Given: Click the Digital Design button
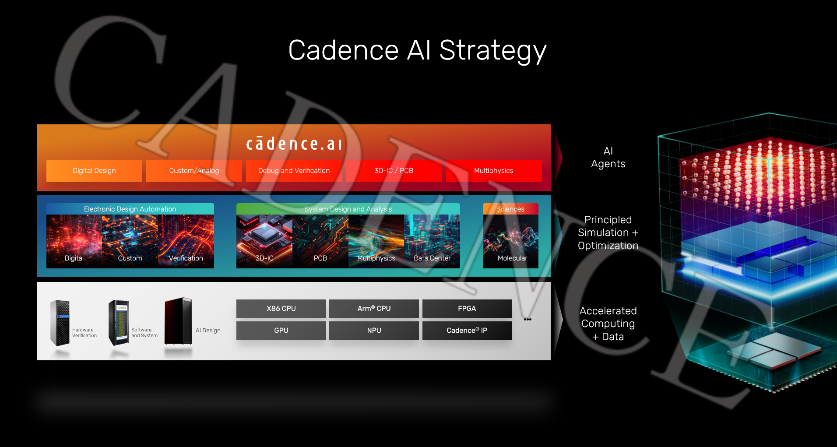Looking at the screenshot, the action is click(94, 171).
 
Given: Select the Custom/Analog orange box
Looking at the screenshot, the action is click(194, 171).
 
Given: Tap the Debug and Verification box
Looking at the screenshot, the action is click(294, 171).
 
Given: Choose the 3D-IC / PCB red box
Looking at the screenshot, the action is click(394, 171).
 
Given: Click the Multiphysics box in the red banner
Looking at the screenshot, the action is click(493, 171).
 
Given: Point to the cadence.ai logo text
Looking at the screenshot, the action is click(294, 144).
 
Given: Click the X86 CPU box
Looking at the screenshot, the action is click(281, 309).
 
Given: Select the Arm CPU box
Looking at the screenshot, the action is click(374, 309).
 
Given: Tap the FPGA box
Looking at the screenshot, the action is click(467, 309).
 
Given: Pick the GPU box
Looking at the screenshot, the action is click(281, 331).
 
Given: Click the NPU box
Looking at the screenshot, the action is click(374, 331).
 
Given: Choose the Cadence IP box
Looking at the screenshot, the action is click(467, 331).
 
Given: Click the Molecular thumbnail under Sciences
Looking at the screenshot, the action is click(510, 241).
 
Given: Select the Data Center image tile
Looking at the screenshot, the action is click(432, 241).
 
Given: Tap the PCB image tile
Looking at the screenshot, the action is click(320, 241).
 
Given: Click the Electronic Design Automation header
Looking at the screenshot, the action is click(130, 209).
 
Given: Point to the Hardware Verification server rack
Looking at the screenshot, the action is click(60, 323).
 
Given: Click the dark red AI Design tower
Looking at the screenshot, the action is click(178, 321).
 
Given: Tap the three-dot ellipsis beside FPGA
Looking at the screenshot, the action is click(528, 320).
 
